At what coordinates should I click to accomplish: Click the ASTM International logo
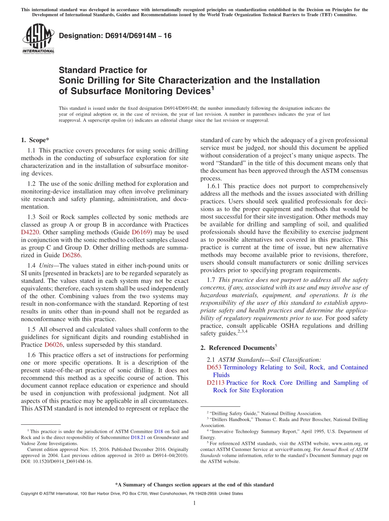pos(38,39)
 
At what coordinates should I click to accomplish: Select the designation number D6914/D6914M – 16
pos(115,36)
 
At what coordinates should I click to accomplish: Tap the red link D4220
pos(30,232)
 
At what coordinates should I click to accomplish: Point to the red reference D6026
pos(53,344)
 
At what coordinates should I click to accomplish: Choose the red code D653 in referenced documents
pos(214,367)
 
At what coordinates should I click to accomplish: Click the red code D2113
pos(216,383)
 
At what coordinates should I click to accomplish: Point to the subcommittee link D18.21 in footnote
pos(132,437)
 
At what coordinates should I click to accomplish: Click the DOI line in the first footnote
pos(57,461)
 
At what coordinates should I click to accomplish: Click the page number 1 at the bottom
pos(194,503)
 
